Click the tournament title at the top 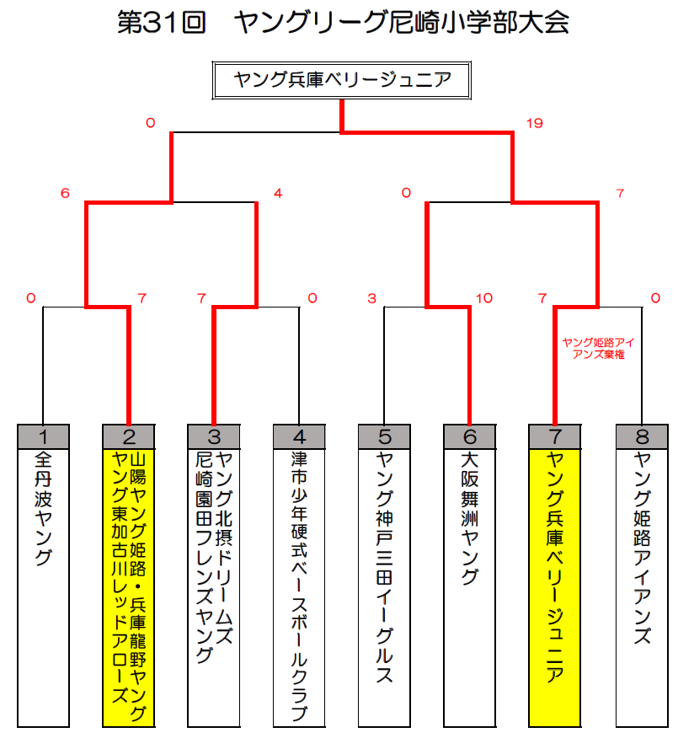click(x=343, y=23)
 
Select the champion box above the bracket click(x=342, y=80)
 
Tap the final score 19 click(x=535, y=123)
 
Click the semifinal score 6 click(x=65, y=193)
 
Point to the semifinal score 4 click(x=278, y=193)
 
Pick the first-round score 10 click(x=484, y=298)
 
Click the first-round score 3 click(x=371, y=298)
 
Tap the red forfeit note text click(x=598, y=348)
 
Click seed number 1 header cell click(x=43, y=436)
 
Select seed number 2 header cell click(x=129, y=436)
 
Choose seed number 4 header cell click(x=299, y=436)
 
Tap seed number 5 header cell click(x=384, y=436)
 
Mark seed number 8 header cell click(x=643, y=436)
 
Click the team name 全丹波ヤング click(x=43, y=508)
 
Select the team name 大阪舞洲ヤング click(x=470, y=518)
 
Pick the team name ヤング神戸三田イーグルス click(x=384, y=567)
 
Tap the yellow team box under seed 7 click(x=555, y=588)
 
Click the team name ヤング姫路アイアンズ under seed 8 click(x=643, y=548)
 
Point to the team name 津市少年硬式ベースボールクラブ click(x=299, y=586)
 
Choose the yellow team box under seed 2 click(x=129, y=588)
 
